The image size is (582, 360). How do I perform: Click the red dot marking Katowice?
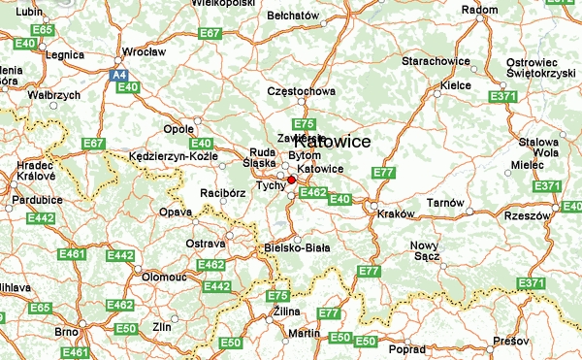coord(291,180)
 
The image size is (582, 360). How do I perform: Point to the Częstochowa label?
coord(302,92)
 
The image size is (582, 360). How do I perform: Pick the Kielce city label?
coord(455,85)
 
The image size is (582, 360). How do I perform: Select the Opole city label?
coord(179,129)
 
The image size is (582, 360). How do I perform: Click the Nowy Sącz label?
coord(425,250)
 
